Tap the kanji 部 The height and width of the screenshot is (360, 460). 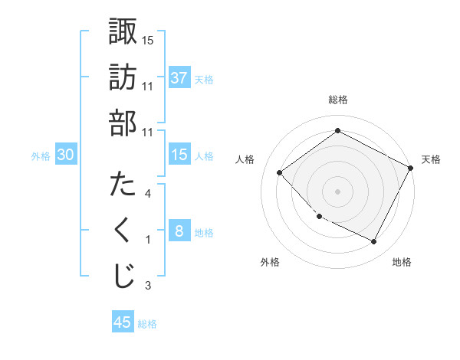click(x=123, y=123)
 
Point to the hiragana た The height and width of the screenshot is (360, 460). click(x=123, y=185)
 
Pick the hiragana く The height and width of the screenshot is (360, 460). click(x=123, y=231)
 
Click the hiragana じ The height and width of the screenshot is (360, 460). click(x=123, y=277)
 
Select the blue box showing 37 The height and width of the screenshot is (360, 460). click(x=179, y=77)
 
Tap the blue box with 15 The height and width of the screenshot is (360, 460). click(x=179, y=155)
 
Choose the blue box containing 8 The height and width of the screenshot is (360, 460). click(x=179, y=231)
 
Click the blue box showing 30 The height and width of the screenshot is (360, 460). click(x=66, y=155)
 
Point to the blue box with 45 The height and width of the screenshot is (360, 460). click(x=123, y=322)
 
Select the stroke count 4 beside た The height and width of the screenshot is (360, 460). click(x=148, y=194)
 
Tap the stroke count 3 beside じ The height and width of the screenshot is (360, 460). click(x=148, y=286)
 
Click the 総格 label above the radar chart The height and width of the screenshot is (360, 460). click(x=337, y=100)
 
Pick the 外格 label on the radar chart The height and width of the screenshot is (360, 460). click(x=270, y=262)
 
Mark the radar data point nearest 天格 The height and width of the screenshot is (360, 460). click(x=412, y=169)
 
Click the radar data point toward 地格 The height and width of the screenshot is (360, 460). click(x=374, y=242)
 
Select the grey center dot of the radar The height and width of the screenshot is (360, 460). click(x=337, y=191)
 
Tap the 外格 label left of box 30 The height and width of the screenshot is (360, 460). click(x=41, y=155)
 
